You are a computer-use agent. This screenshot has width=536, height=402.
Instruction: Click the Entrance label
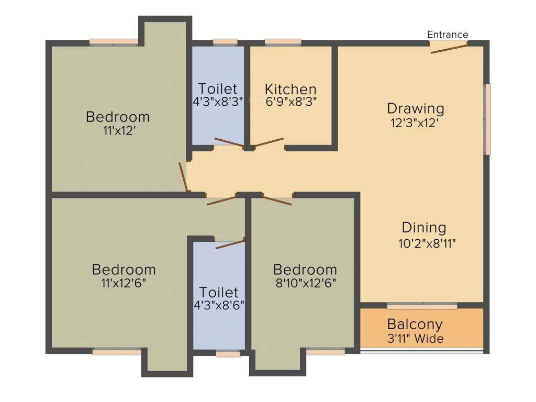point(448,35)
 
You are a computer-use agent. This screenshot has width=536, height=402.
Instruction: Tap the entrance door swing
point(449,49)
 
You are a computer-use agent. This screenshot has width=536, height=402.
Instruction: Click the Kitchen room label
point(291,88)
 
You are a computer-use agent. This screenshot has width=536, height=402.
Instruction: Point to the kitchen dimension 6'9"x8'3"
point(291,102)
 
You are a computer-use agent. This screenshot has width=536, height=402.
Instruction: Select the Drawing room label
point(416,108)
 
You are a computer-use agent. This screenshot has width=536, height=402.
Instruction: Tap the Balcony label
point(415,324)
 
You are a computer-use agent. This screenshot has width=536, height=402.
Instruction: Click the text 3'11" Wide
point(415,339)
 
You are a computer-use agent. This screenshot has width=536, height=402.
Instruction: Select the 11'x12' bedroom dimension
point(118,130)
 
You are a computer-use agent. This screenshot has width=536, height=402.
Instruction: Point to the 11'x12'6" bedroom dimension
point(124,283)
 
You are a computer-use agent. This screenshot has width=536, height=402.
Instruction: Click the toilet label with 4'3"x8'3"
point(218,88)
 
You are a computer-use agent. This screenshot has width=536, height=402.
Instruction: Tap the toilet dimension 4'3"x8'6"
point(219,305)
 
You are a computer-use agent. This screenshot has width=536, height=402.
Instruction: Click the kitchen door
point(269,142)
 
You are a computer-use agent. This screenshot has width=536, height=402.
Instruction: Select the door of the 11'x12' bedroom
point(183,177)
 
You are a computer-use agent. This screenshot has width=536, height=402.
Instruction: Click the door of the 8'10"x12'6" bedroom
point(277,200)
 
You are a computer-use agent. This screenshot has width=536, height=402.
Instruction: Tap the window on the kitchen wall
point(283,42)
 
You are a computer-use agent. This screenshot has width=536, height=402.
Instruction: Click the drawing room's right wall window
point(487,119)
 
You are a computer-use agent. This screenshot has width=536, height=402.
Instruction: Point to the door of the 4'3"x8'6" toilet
point(230,244)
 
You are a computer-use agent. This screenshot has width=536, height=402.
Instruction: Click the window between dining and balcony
point(422,305)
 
